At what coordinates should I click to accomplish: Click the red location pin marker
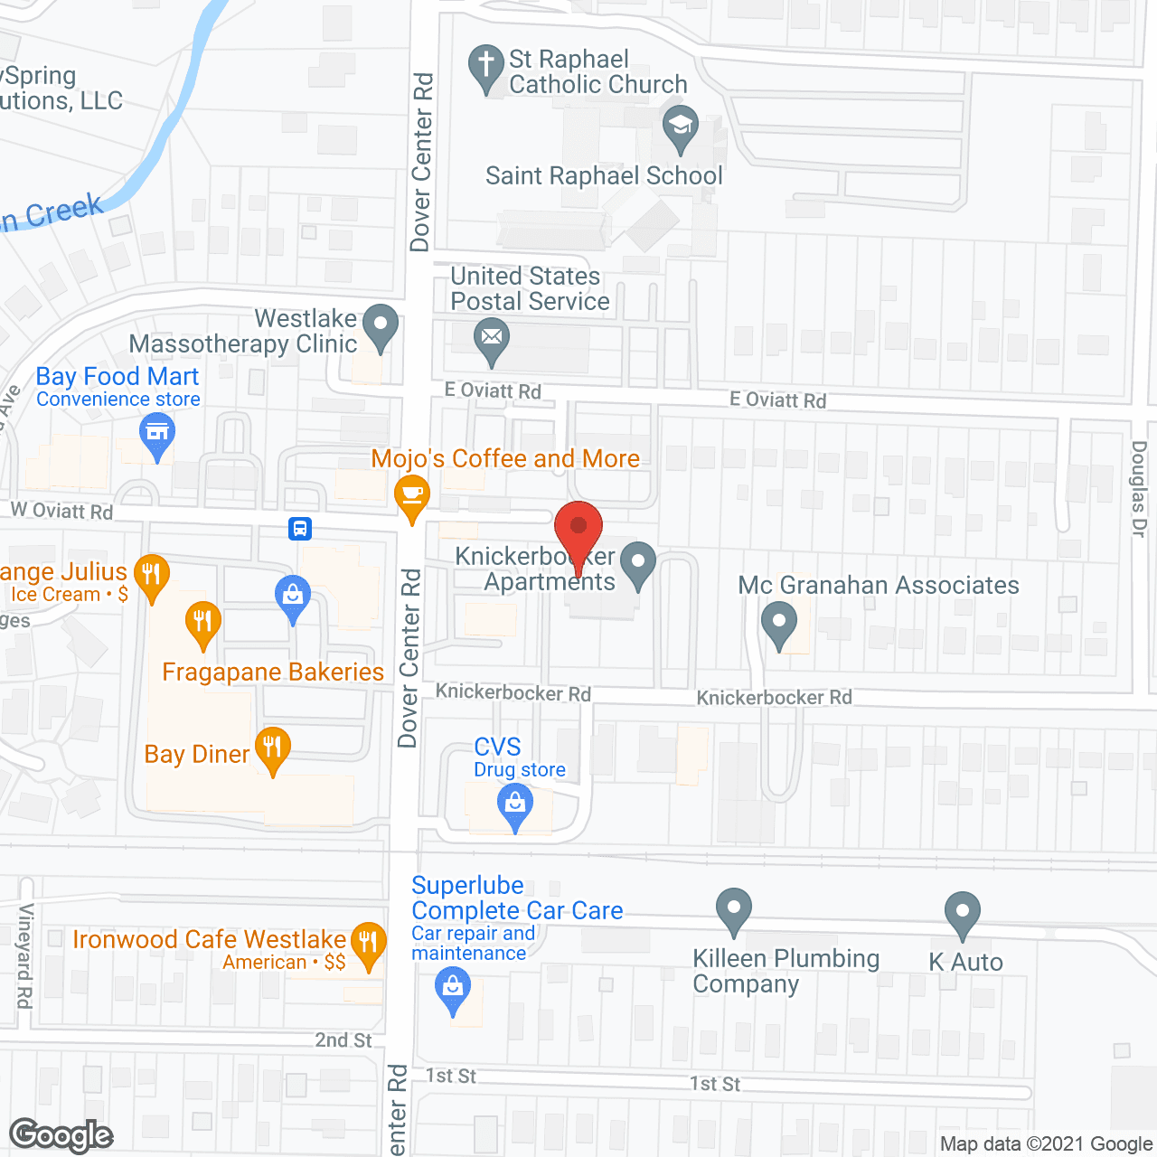click(x=578, y=527)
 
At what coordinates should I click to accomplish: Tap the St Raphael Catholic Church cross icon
click(x=486, y=66)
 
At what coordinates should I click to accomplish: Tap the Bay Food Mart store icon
click(x=157, y=433)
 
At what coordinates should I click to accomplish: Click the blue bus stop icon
click(x=300, y=528)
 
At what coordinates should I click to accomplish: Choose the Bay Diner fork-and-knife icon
click(x=272, y=748)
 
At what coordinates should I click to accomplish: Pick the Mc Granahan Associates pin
click(x=778, y=623)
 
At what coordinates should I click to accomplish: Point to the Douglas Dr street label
click(x=1139, y=489)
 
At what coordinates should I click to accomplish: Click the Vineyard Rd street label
click(x=25, y=955)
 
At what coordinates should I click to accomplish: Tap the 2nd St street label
click(x=343, y=1040)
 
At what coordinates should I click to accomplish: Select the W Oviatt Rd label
click(x=62, y=511)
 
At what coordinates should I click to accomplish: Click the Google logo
click(x=61, y=1135)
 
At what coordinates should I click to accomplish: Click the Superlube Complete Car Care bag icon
click(x=453, y=987)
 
